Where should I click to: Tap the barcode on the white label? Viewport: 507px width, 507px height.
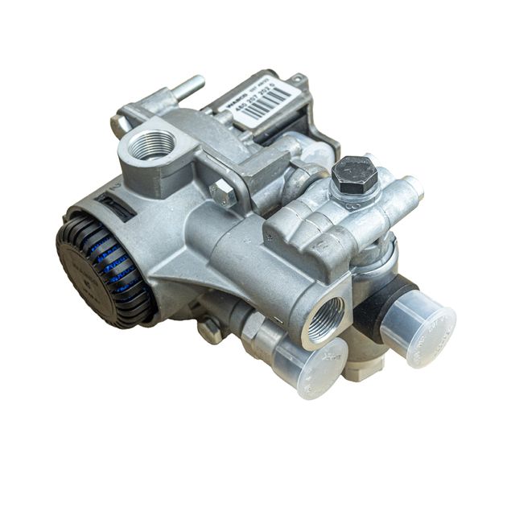click(266, 101)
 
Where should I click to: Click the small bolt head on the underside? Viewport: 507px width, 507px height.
click(210, 330)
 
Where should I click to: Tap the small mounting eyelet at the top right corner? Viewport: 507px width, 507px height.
click(300, 80)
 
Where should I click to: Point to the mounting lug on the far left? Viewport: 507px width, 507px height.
click(119, 125)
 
